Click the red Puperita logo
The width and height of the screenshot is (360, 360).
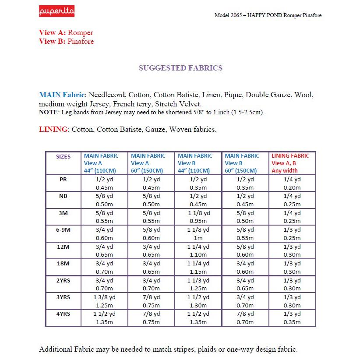[56, 11]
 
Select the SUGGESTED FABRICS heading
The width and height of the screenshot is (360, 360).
[180, 68]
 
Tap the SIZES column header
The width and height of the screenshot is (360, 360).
[64, 156]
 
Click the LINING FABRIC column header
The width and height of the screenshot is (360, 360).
[290, 156]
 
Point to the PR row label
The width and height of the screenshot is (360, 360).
[64, 179]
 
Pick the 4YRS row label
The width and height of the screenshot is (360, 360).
[64, 314]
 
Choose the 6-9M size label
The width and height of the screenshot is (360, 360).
[64, 230]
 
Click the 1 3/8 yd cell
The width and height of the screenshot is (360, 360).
[104, 297]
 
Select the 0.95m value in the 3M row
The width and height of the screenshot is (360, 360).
[198, 221]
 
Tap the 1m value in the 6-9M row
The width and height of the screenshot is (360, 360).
[198, 238]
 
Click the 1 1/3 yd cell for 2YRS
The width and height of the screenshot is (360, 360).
[198, 281]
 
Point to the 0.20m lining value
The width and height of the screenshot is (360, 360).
[292, 187]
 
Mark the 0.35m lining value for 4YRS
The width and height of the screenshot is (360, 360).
[292, 322]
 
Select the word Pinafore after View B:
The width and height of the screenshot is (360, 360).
[81, 42]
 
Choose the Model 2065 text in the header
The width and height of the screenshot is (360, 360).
[228, 15]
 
